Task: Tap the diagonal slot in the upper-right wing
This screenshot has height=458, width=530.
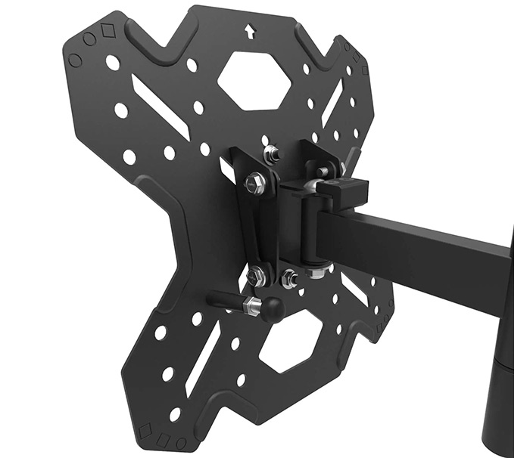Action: point(333,103)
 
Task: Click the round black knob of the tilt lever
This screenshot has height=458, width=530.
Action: point(273,307)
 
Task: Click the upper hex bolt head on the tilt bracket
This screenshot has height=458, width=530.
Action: point(256,184)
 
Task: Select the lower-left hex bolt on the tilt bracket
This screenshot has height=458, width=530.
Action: point(257,276)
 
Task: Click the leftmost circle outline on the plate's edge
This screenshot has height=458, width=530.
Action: point(75,59)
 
